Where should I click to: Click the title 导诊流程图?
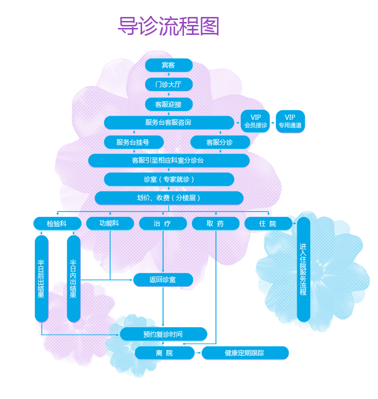[169, 26]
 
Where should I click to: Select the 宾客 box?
[169, 65]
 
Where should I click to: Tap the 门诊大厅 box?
[169, 84]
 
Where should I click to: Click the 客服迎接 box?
[169, 104]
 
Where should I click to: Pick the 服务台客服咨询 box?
[169, 123]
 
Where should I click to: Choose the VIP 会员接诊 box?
[255, 121]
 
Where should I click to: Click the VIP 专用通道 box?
[290, 121]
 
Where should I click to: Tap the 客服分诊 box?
[219, 142]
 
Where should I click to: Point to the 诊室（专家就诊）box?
[169, 179]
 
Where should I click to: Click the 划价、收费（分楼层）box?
[169, 198]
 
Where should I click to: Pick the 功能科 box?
[110, 223]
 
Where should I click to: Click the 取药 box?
[215, 223]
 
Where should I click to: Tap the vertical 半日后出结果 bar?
[41, 278]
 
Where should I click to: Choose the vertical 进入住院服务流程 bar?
[303, 269]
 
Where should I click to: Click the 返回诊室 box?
[163, 280]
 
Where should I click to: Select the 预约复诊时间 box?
[163, 334]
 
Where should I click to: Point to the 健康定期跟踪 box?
[244, 353]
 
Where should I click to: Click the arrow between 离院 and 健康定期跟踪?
[197, 353]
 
